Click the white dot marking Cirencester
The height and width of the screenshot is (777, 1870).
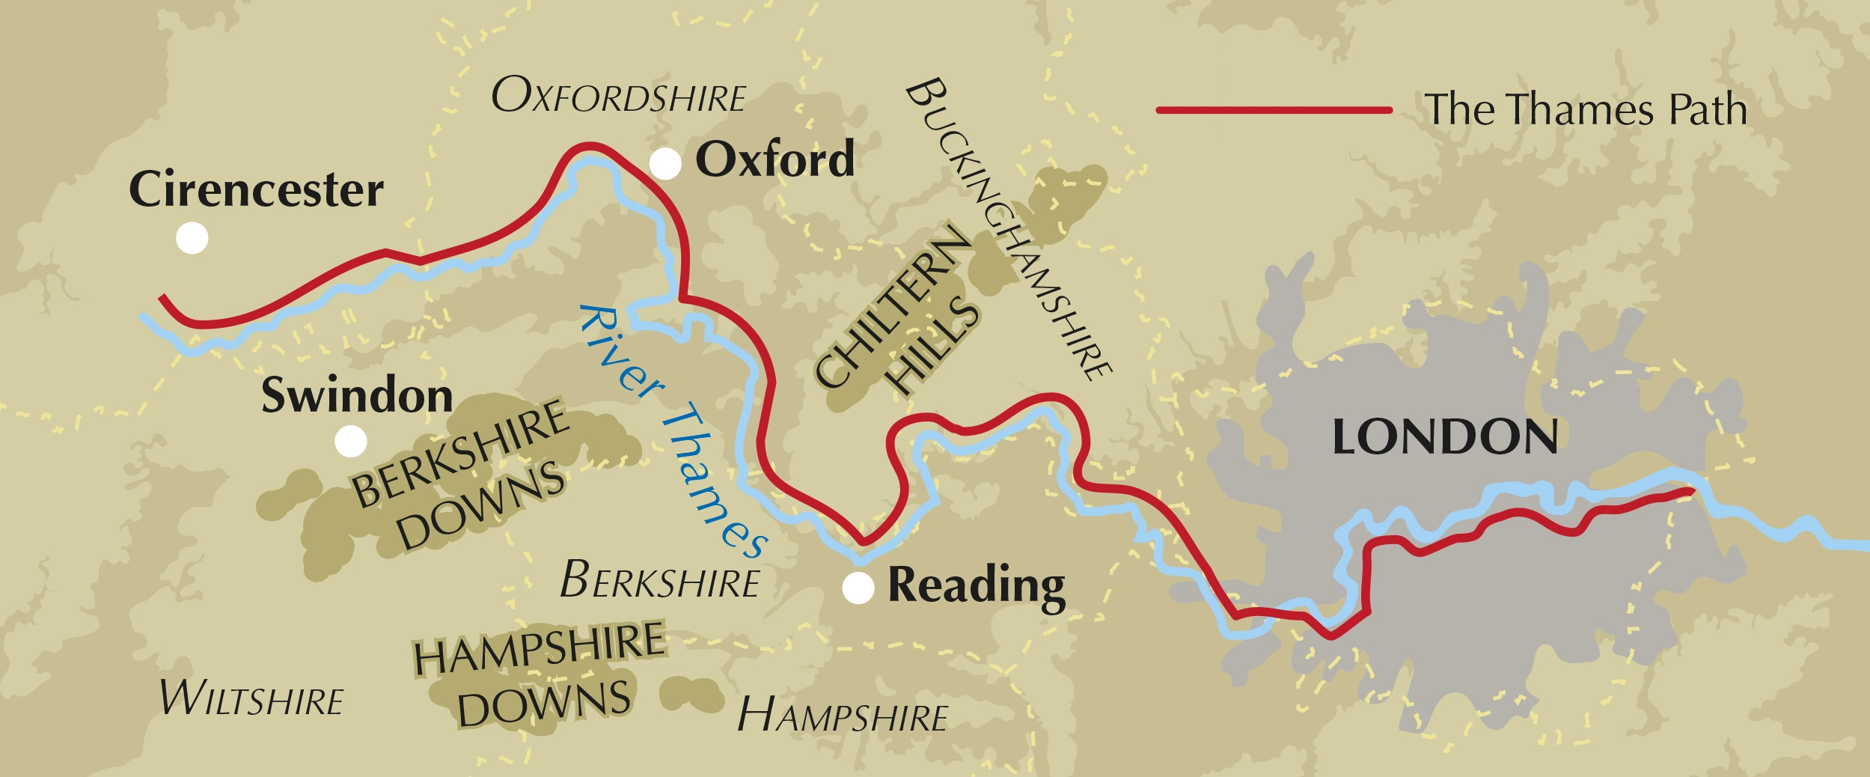coord(192,238)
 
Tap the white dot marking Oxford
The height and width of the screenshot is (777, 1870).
coord(664,163)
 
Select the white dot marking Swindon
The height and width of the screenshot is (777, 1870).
coord(350,441)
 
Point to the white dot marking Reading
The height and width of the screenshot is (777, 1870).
coord(858,588)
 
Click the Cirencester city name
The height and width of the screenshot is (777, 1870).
coord(256,190)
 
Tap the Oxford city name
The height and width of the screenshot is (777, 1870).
coord(774,159)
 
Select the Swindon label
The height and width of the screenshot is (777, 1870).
coord(357,395)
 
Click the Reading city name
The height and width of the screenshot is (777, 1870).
coord(976,586)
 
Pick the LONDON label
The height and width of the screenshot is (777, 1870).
coord(1445,437)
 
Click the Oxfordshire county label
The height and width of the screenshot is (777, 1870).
coord(618,97)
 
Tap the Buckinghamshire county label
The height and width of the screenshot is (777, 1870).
coord(1008,228)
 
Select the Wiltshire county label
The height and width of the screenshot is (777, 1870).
coord(251,699)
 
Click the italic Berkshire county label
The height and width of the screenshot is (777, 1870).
coord(659,581)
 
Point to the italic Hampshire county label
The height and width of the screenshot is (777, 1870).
coord(842,716)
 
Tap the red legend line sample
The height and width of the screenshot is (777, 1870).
coord(1274,110)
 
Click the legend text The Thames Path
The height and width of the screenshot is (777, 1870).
coord(1585,110)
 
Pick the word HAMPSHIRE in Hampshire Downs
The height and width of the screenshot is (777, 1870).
coord(539,648)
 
